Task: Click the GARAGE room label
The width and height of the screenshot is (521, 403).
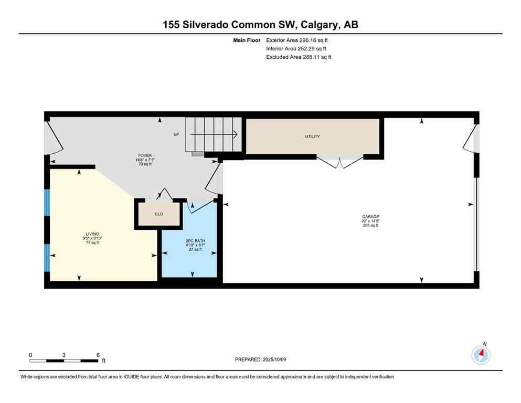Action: click(370, 217)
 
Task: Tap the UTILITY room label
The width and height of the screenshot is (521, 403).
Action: click(313, 136)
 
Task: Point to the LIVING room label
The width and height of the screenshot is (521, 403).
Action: click(92, 234)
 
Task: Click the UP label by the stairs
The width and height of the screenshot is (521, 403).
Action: click(176, 134)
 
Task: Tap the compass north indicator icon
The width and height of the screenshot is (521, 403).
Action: click(481, 355)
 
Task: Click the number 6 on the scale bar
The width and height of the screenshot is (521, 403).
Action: click(98, 355)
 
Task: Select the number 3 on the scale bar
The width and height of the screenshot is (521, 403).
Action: click(63, 355)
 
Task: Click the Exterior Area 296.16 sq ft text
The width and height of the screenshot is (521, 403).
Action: click(297, 40)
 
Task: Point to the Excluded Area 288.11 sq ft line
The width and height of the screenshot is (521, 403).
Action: click(299, 57)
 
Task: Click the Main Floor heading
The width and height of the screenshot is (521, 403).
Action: click(247, 40)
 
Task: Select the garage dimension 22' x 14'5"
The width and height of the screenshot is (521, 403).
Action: click(370, 221)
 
